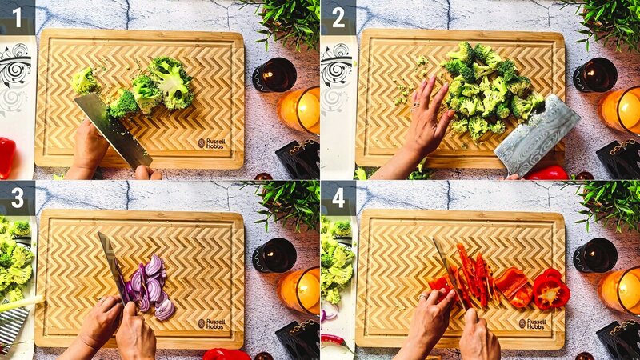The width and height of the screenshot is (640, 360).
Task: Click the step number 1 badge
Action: pos(17,17)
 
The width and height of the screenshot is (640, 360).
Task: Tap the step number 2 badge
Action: pos(338,17)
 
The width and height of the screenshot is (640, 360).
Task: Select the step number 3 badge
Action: pos(17,197)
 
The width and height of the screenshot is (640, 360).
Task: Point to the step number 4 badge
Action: pos(338,197)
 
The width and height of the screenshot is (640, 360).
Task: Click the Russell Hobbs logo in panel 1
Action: pos(212,142)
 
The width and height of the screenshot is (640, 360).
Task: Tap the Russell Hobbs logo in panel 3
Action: pos(212,323)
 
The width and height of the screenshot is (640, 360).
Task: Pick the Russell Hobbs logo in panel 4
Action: pos(532,323)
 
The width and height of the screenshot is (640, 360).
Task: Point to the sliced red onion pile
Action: pos(148,286)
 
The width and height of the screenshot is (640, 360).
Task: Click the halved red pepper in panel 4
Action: pos(550,290)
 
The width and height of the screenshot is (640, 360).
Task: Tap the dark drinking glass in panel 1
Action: pos(274,74)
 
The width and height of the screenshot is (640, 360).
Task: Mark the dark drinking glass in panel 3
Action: pos(274,255)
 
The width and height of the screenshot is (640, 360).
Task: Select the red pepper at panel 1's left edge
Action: pos(6,157)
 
